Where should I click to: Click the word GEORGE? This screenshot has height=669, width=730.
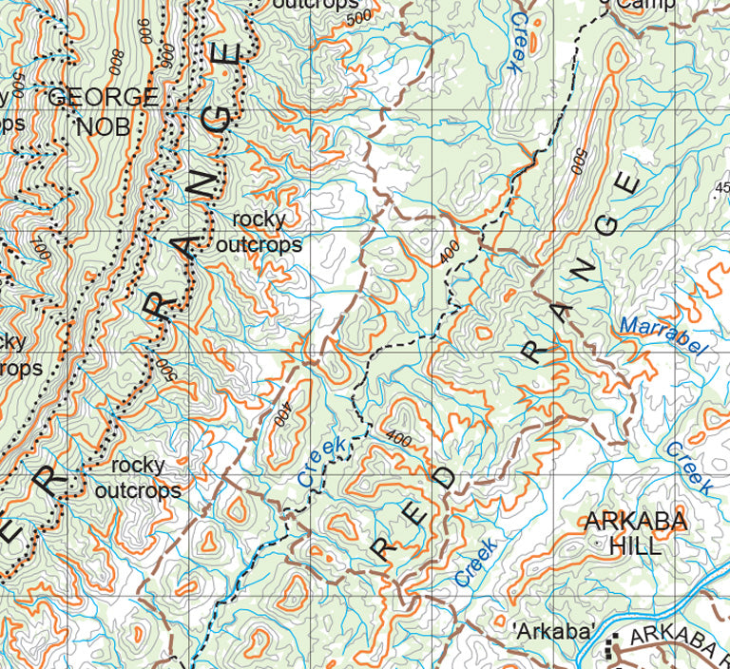(103, 97)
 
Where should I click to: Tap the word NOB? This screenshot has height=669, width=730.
(103, 125)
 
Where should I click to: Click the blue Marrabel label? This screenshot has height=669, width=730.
(663, 337)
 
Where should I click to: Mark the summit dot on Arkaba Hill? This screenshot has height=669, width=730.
(595, 544)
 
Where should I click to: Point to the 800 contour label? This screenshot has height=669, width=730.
(117, 61)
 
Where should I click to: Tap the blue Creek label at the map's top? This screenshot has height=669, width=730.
(519, 43)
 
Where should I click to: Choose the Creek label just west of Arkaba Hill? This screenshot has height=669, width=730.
(475, 562)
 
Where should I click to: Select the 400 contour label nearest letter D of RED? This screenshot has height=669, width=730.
(399, 439)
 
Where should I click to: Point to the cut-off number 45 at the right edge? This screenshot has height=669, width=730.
(721, 186)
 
